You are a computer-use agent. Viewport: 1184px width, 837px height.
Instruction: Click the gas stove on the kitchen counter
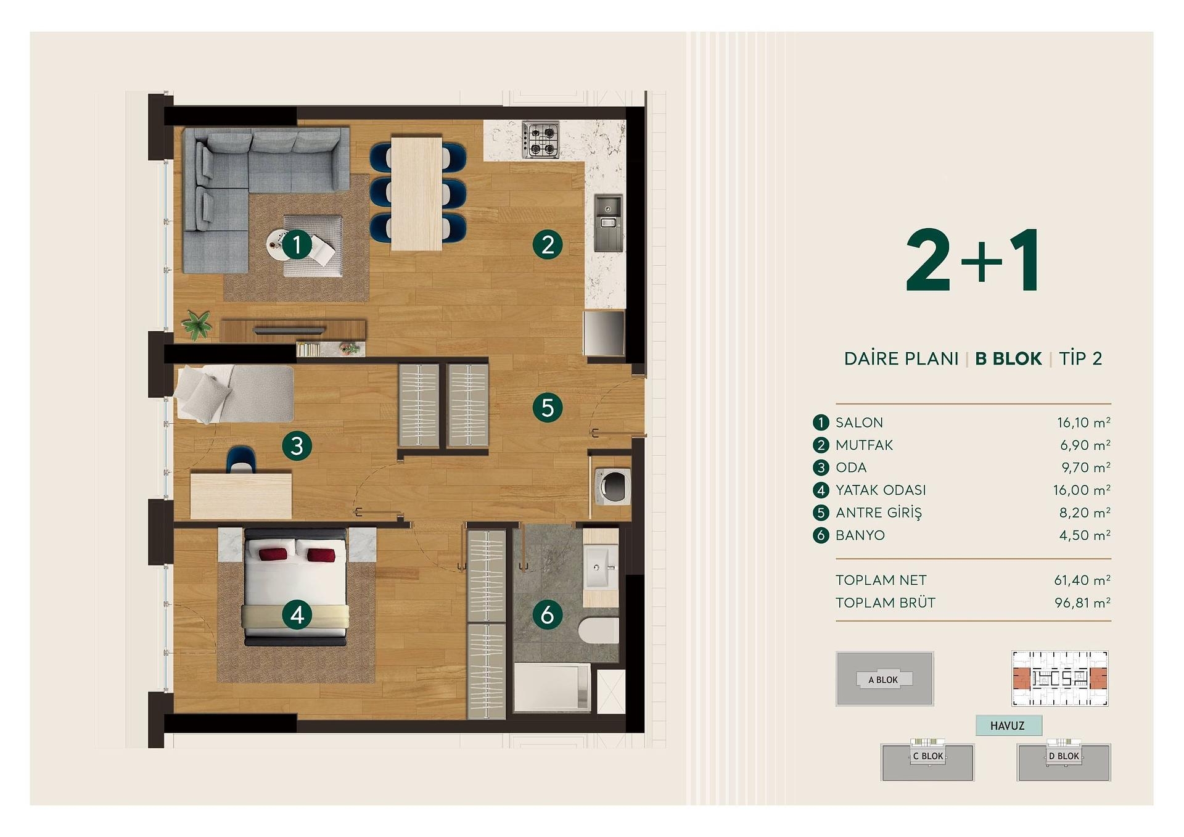[x=541, y=139]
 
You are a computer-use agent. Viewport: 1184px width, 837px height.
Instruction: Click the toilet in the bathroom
[x=598, y=630]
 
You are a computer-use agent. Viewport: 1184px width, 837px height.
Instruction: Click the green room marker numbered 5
[x=548, y=408]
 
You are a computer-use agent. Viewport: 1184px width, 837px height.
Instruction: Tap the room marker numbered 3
[x=297, y=445]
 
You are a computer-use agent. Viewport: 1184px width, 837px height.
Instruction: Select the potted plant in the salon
[x=197, y=324]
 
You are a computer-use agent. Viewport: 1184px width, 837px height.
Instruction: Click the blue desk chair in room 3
[x=241, y=460]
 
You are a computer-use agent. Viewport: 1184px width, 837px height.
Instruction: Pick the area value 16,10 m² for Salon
[x=1083, y=423]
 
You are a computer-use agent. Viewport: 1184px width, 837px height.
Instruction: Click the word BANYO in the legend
[x=860, y=535]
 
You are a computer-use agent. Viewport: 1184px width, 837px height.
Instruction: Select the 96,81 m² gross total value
[x=1082, y=603]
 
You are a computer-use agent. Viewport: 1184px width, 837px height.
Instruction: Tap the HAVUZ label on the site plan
[x=1008, y=726]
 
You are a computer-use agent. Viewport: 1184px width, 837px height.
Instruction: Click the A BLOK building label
[x=883, y=680]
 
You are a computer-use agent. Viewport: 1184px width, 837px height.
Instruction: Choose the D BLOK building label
[x=1064, y=756]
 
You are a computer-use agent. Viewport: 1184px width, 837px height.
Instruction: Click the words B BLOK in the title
[x=1008, y=358]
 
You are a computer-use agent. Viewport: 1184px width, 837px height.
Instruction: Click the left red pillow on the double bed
[x=273, y=554]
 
